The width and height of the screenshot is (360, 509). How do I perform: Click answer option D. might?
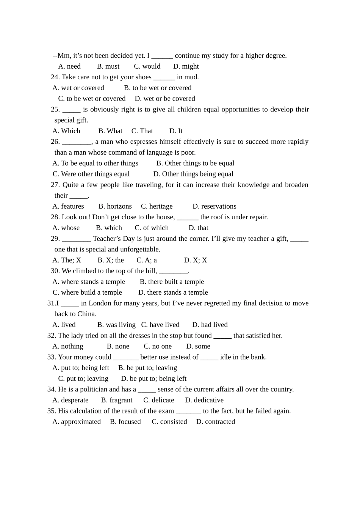click(186, 66)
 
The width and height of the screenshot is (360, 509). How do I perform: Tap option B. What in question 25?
click(110, 131)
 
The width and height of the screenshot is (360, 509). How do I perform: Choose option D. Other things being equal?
click(193, 174)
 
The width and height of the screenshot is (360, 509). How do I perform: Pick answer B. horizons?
click(115, 206)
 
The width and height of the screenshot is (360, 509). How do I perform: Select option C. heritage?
click(157, 206)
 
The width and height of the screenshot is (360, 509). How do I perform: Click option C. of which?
click(152, 228)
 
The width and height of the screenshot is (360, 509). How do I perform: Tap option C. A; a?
click(147, 260)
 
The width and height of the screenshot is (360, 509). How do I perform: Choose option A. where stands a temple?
click(89, 282)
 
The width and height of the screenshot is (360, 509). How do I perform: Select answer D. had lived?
click(210, 325)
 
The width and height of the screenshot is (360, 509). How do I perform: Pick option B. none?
click(118, 346)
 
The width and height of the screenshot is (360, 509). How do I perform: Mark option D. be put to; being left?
click(154, 379)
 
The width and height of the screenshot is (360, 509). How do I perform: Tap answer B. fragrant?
click(117, 400)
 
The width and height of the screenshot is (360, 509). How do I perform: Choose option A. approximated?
click(77, 422)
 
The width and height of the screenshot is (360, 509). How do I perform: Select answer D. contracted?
click(216, 422)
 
